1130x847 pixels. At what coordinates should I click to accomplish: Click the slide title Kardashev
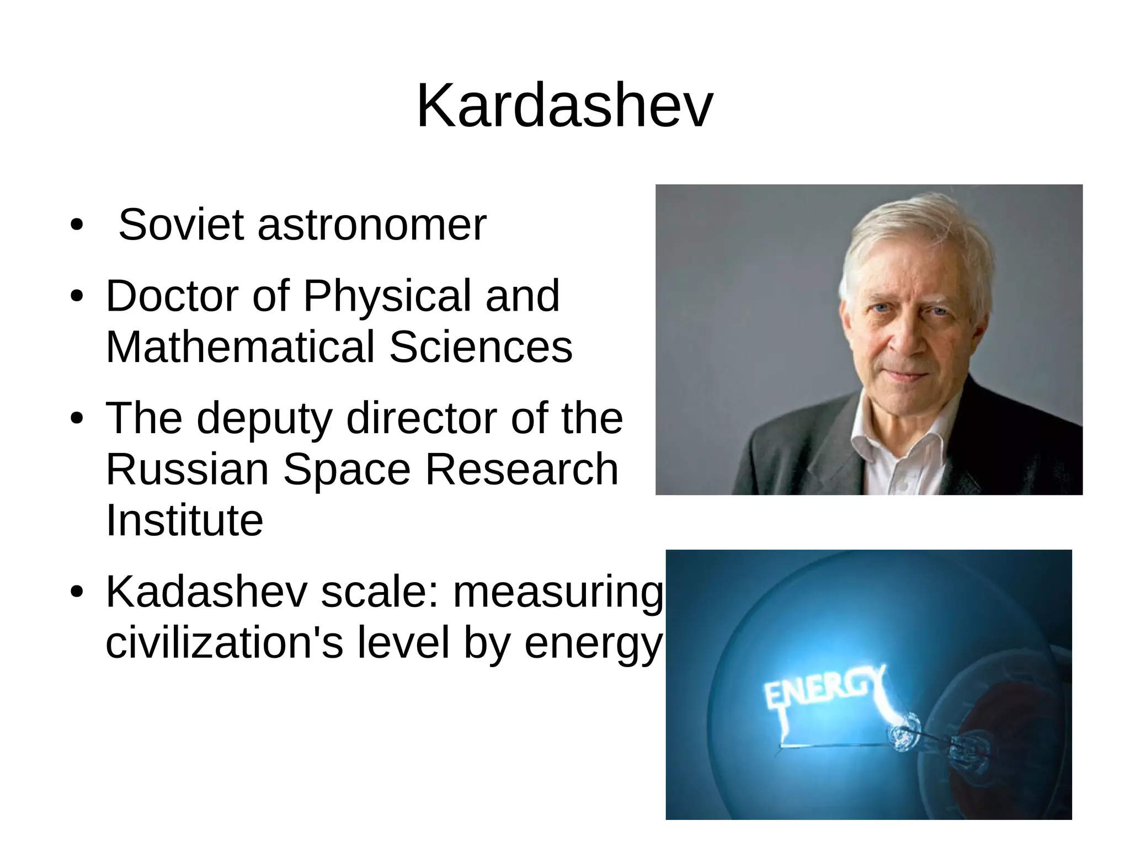point(564,106)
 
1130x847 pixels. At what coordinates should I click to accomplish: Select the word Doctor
point(172,296)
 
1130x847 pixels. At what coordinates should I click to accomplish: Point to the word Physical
point(387,297)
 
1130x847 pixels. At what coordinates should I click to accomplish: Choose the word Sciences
point(481,347)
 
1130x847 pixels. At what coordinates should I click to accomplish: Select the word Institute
point(184,520)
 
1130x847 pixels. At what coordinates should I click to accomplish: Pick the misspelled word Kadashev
point(206,592)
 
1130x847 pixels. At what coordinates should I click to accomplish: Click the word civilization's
point(223,642)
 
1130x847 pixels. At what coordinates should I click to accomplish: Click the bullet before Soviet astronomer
point(77,225)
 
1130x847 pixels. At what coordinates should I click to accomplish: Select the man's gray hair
point(916,232)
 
